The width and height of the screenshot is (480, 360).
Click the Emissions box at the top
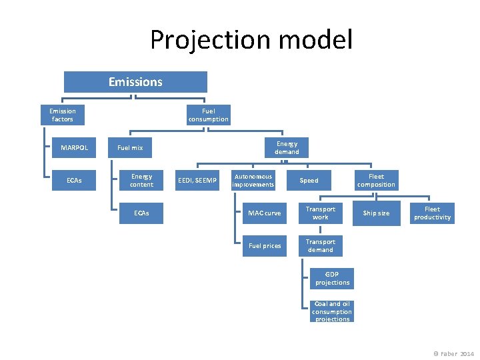pyautogui.click(x=135, y=82)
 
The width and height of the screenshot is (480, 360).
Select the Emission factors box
pyautogui.click(x=63, y=115)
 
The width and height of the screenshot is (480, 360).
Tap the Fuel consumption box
pyautogui.click(x=208, y=115)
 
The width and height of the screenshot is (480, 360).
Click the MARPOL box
pyautogui.click(x=74, y=147)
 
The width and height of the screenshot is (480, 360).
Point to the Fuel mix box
pyautogui.click(x=130, y=147)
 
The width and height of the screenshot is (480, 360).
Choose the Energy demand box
pyautogui.click(x=287, y=147)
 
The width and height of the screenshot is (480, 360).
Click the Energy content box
pyautogui.click(x=141, y=180)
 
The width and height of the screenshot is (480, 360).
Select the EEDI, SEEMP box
pyautogui.click(x=197, y=180)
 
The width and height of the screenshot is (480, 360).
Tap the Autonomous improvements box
pyautogui.click(x=253, y=180)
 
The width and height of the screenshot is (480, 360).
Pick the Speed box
pyautogui.click(x=309, y=180)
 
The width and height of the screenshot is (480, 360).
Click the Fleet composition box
pyautogui.click(x=376, y=180)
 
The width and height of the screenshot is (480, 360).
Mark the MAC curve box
pyautogui.click(x=265, y=213)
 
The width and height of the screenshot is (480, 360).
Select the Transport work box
pyautogui.click(x=321, y=213)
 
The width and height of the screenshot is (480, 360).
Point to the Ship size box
pyautogui.click(x=376, y=213)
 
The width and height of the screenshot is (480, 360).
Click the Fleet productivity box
pyautogui.click(x=432, y=213)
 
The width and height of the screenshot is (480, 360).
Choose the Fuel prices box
pyautogui.click(x=265, y=246)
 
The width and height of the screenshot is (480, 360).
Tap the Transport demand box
pyautogui.click(x=321, y=246)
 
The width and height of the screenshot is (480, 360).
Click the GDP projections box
pyautogui.click(x=332, y=279)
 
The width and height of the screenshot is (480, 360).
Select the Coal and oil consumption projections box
pyautogui.click(x=332, y=311)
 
